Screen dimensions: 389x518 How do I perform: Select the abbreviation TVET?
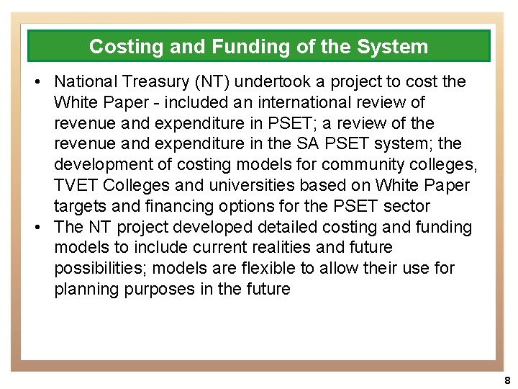(x=76, y=185)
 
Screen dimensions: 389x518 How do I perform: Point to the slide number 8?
(x=507, y=380)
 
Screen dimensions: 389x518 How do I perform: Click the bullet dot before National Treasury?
(x=37, y=82)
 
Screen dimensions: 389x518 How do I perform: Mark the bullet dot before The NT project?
(x=37, y=228)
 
